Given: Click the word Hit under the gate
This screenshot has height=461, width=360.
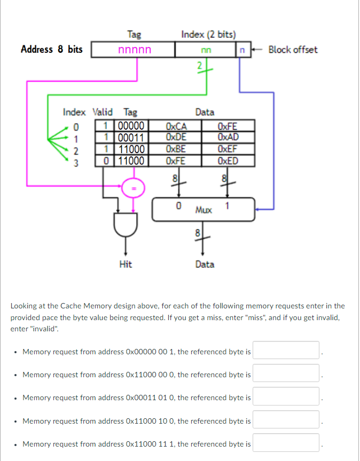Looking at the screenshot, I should tap(126, 264).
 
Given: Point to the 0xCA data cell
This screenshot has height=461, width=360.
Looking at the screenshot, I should tap(176, 127).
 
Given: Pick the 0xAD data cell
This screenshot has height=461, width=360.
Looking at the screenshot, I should tap(229, 137).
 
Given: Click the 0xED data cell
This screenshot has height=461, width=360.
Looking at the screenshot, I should tap(229, 160).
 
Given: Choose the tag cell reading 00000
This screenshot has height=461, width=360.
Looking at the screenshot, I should tap(130, 127).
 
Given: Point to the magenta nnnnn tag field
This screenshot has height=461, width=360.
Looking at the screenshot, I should tap(134, 50).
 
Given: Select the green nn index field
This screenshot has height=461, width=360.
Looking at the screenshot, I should tap(205, 50).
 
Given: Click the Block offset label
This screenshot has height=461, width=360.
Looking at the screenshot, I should tap(293, 50).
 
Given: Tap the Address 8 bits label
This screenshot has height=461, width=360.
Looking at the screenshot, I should tap(52, 50).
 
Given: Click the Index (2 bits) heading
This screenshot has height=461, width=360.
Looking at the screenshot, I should tap(208, 35).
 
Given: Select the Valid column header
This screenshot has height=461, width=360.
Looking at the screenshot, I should tap(103, 112).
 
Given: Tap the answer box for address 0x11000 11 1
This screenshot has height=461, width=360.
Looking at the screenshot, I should tap(286, 443).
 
